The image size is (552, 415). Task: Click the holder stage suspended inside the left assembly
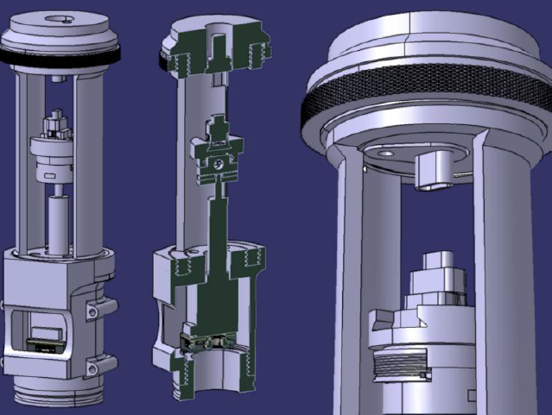point(54,152)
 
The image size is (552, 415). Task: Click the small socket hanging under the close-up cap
point(436,168)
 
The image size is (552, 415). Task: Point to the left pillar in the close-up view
point(351,285)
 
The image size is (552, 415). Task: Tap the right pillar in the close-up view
point(505,285)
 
